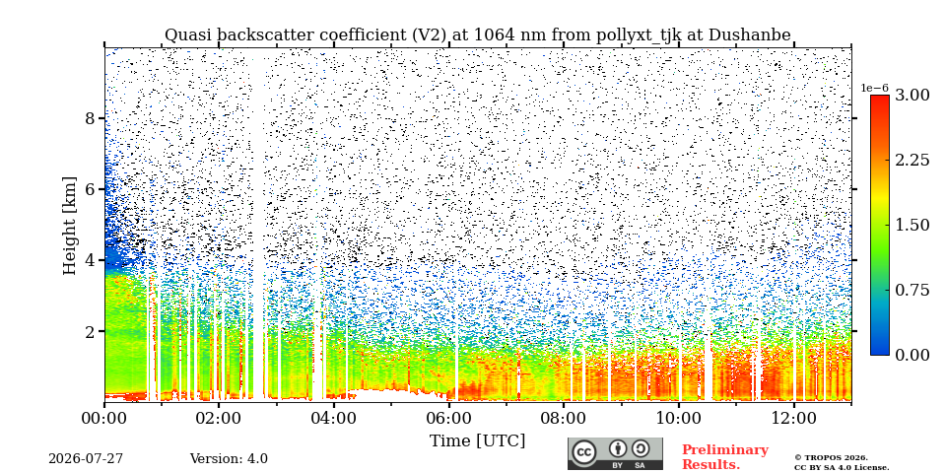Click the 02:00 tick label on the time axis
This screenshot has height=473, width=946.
[219, 419]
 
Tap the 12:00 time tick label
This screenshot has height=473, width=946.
[793, 419]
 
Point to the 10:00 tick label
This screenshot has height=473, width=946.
[679, 419]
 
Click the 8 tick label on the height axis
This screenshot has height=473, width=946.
[91, 118]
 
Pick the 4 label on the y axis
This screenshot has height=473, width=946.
[91, 260]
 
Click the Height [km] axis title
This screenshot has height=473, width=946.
[71, 226]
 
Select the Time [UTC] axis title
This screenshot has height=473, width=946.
[477, 441]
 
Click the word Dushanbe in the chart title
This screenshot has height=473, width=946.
[749, 35]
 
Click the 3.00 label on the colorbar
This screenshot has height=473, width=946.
[912, 96]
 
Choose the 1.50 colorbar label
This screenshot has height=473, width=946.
[912, 225]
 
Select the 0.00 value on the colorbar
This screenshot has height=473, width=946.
[912, 355]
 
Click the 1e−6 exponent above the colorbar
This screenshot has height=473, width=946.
[875, 88]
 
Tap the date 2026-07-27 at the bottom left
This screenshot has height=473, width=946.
[86, 459]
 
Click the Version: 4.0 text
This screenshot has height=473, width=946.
[229, 459]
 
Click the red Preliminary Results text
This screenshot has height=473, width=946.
[725, 457]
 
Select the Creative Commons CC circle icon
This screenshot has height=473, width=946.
[584, 452]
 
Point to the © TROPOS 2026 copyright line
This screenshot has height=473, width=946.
[831, 458]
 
